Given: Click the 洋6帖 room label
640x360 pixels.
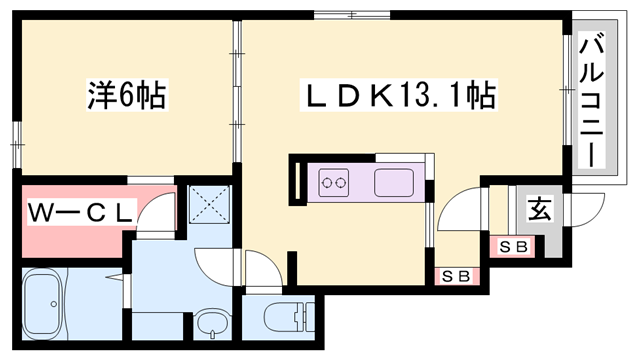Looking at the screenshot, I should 124,97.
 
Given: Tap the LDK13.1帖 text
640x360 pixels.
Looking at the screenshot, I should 399,97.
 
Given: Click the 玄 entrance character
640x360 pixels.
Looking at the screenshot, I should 538,210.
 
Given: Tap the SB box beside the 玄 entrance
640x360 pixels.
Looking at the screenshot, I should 512,245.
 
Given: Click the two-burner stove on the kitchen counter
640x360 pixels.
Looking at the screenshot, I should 333,183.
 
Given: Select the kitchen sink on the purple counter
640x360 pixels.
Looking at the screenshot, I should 392,183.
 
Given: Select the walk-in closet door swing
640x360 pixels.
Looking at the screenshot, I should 154,213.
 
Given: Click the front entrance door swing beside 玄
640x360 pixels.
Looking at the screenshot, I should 587,210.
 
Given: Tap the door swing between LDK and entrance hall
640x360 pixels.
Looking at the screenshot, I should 456,207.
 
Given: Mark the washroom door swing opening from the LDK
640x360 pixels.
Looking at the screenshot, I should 216,262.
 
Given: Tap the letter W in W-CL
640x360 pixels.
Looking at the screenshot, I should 40,213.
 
